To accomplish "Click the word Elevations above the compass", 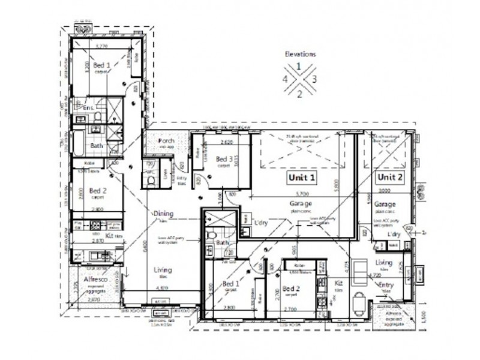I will click(x=300, y=53).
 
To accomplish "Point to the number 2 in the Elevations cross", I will click(x=300, y=92).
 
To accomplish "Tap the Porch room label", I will click(x=166, y=141).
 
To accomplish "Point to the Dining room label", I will click(x=163, y=213).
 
